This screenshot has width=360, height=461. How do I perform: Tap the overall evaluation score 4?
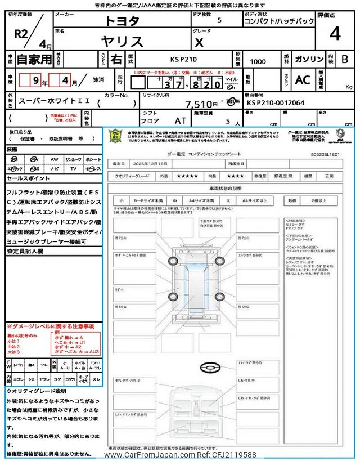(x=335, y=35)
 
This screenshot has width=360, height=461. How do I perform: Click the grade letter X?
(x=198, y=41)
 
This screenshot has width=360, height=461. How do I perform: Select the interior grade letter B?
(x=345, y=59)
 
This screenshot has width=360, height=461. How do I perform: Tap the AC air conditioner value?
(x=303, y=80)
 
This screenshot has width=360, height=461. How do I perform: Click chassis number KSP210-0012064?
(x=276, y=103)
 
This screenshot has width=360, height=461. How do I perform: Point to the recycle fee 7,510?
(x=198, y=104)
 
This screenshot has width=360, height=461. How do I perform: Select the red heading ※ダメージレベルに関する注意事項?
(x=51, y=326)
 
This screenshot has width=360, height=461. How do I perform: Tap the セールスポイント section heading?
(x=29, y=178)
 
